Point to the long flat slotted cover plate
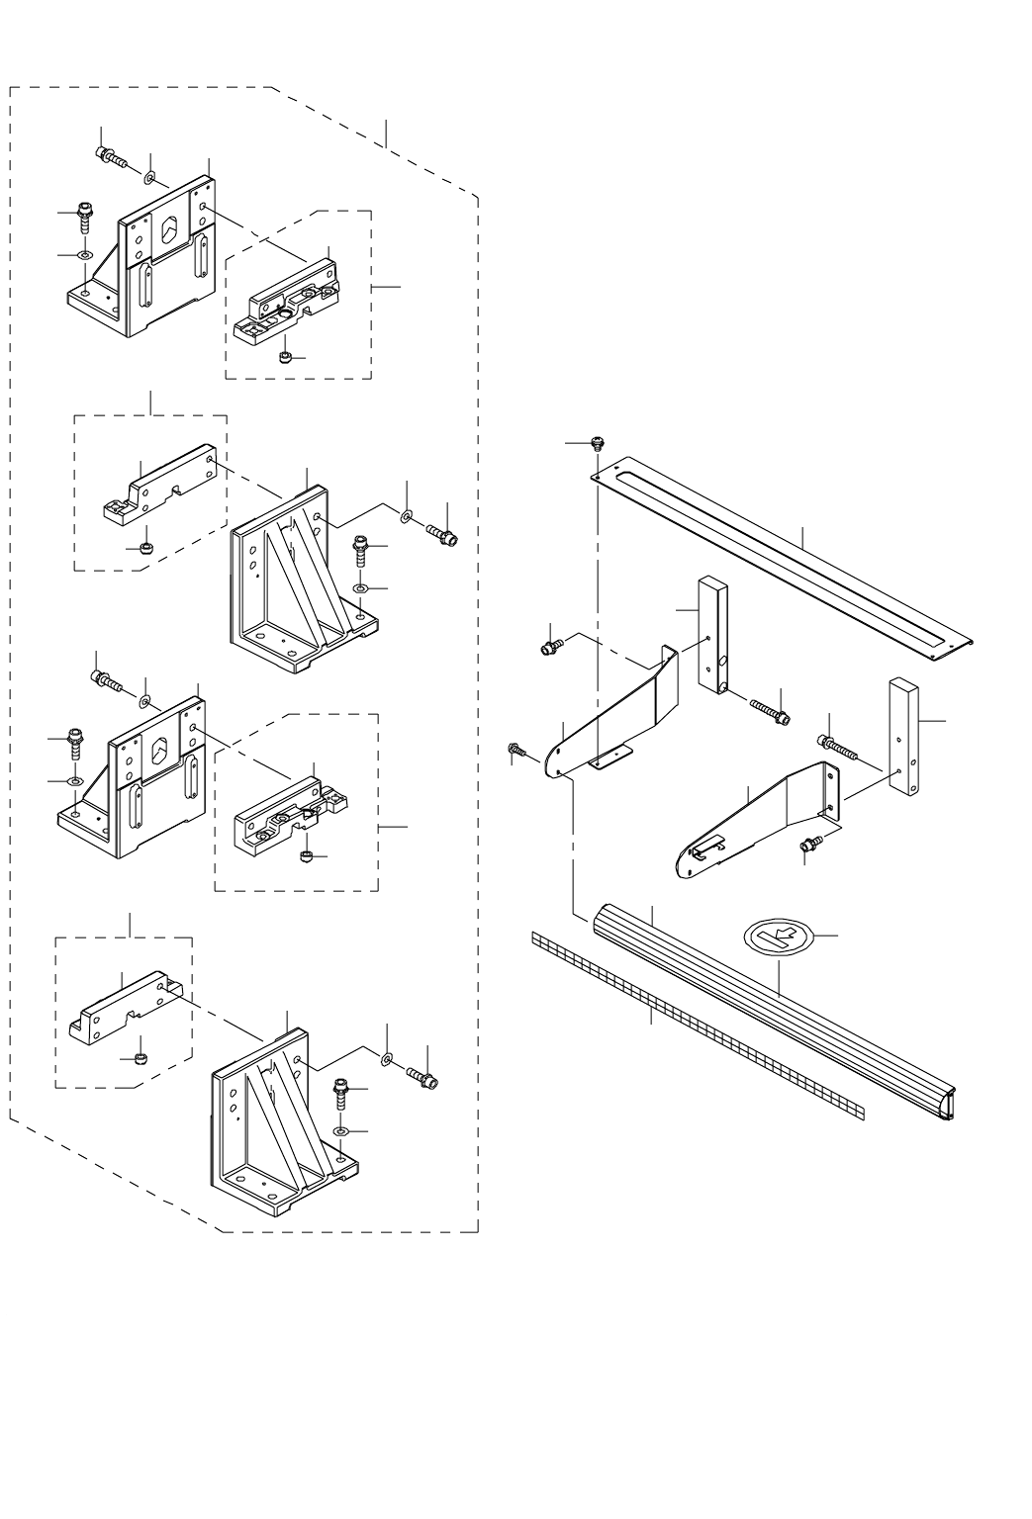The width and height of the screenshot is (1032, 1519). point(782,554)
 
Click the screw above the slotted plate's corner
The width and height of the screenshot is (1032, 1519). point(597,443)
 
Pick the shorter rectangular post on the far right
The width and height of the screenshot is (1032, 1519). point(905,737)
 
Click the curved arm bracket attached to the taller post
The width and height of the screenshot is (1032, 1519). point(613,712)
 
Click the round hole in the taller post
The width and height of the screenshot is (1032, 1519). point(724,661)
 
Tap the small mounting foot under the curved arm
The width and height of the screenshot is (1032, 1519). point(610,759)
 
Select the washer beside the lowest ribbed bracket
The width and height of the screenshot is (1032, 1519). point(386,1060)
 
